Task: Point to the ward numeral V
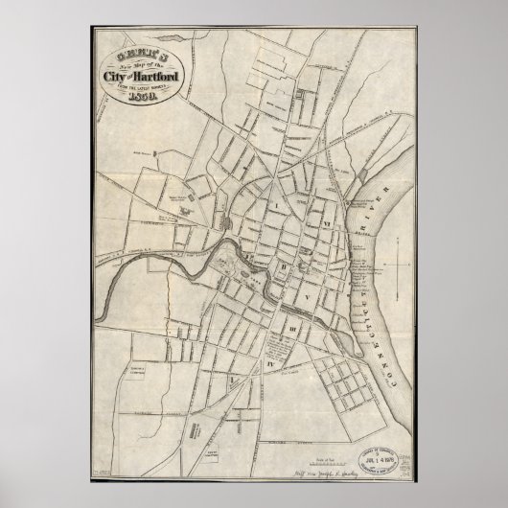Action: point(309,299)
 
